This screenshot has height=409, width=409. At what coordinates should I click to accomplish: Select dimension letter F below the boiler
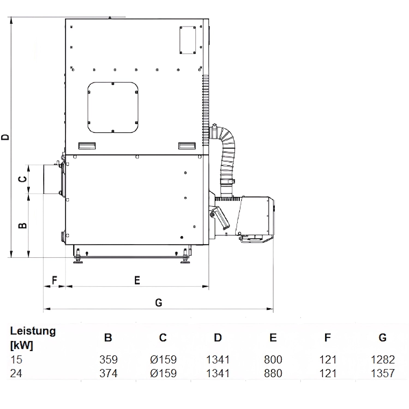coord(55,280)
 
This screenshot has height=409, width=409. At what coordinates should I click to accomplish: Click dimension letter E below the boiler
coord(137,280)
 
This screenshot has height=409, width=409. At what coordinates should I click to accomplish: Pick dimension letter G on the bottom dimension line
coord(158,302)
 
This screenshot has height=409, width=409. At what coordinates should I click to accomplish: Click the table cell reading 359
coord(108,360)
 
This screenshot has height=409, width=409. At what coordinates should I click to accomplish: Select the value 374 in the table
coord(108,373)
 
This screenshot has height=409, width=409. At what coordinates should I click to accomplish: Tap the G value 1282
coord(383,360)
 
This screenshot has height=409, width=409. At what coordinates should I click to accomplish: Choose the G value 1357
coord(383,373)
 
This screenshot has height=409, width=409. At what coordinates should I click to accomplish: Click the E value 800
coord(273,360)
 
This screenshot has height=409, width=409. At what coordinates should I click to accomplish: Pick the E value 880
coord(273,373)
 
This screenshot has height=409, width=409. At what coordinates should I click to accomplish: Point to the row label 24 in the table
coord(16,373)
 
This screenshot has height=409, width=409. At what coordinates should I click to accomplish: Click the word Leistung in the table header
coord(33,331)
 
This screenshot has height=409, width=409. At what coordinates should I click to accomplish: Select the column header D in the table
coord(218,338)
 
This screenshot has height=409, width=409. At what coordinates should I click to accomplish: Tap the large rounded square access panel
coord(113,107)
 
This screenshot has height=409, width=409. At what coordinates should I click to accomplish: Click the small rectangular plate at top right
coord(188,40)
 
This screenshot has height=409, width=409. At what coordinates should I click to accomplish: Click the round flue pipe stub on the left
coord(52,179)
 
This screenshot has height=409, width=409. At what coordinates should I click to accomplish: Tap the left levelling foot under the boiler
coord(78,258)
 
